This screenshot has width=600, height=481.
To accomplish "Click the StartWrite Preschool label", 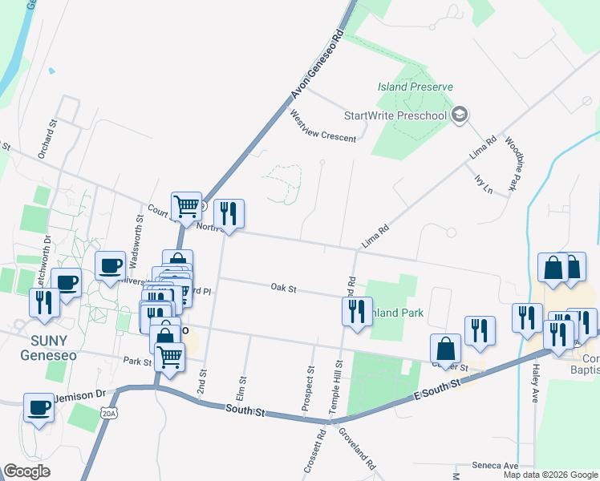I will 395,115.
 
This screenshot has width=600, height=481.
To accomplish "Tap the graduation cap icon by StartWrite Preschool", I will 460,115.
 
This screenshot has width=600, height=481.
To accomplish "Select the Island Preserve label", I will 416,87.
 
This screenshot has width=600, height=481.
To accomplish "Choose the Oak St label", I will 283,287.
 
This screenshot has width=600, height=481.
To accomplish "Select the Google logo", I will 26,471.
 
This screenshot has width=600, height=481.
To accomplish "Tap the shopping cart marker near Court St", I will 187,207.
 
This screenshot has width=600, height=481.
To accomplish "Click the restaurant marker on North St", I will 229,213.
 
